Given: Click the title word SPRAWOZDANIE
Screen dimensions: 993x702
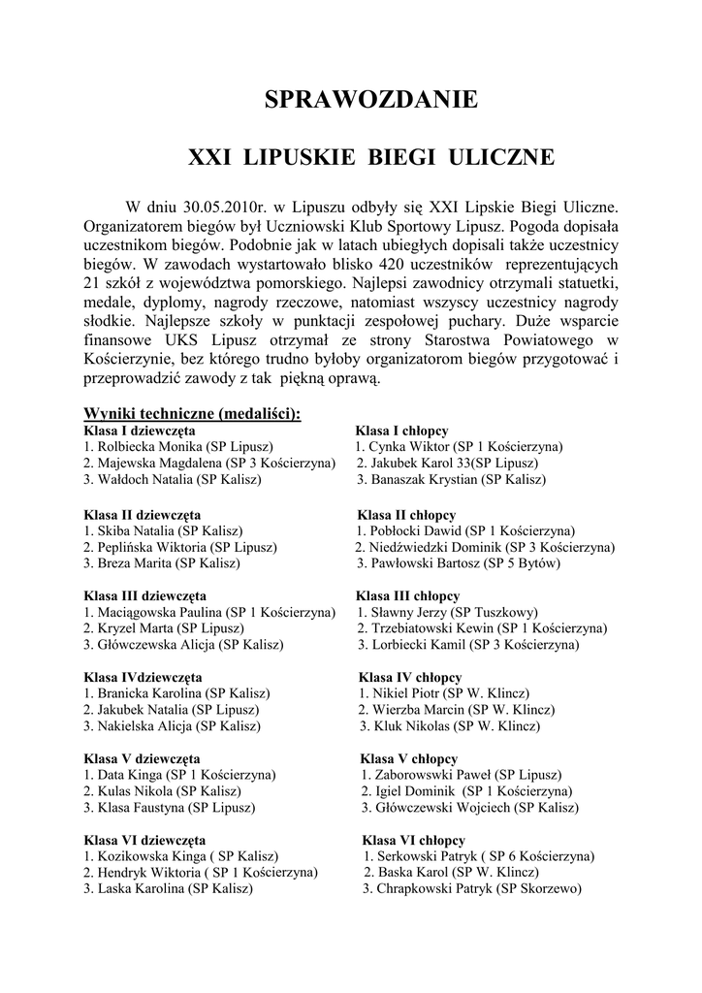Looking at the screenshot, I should click(x=371, y=100).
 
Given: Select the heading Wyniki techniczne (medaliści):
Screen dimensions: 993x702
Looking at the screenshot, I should click(x=192, y=413).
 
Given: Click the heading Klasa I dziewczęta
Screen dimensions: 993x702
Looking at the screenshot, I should click(x=140, y=430).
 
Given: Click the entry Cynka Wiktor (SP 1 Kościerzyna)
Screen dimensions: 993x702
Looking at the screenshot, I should click(x=459, y=446).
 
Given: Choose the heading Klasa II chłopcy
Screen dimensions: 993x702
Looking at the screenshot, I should click(x=406, y=514).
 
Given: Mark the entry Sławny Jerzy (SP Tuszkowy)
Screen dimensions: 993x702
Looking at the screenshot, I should click(x=448, y=612).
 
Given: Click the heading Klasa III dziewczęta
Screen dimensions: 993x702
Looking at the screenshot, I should click(x=144, y=595).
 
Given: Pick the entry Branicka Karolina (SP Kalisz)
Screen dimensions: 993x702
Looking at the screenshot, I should click(x=176, y=693).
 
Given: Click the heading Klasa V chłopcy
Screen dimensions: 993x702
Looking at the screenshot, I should click(x=408, y=758).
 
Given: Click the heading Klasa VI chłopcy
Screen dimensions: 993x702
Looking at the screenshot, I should click(x=413, y=840).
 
